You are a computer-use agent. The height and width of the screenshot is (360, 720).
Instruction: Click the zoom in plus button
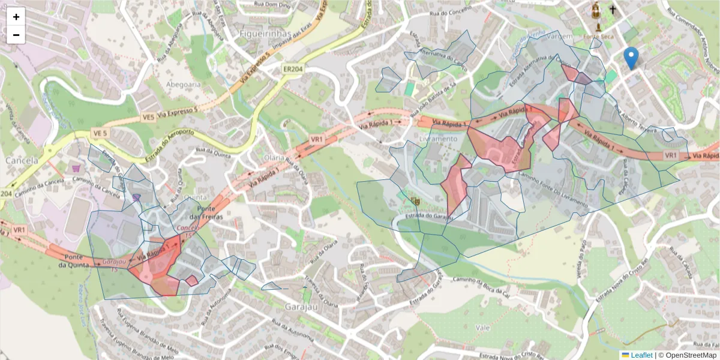pyautogui.click(x=16, y=17)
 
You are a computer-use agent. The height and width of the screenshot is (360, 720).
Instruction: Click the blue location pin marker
pyautogui.click(x=631, y=58)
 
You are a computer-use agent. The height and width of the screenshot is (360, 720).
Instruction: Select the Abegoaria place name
pyautogui.click(x=184, y=85)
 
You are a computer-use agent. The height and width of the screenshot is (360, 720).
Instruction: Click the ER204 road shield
pyautogui.click(x=293, y=70)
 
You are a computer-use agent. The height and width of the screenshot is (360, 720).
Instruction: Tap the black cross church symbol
pyautogui.click(x=613, y=10)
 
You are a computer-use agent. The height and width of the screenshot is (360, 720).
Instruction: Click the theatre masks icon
pyautogui.click(x=415, y=200)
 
